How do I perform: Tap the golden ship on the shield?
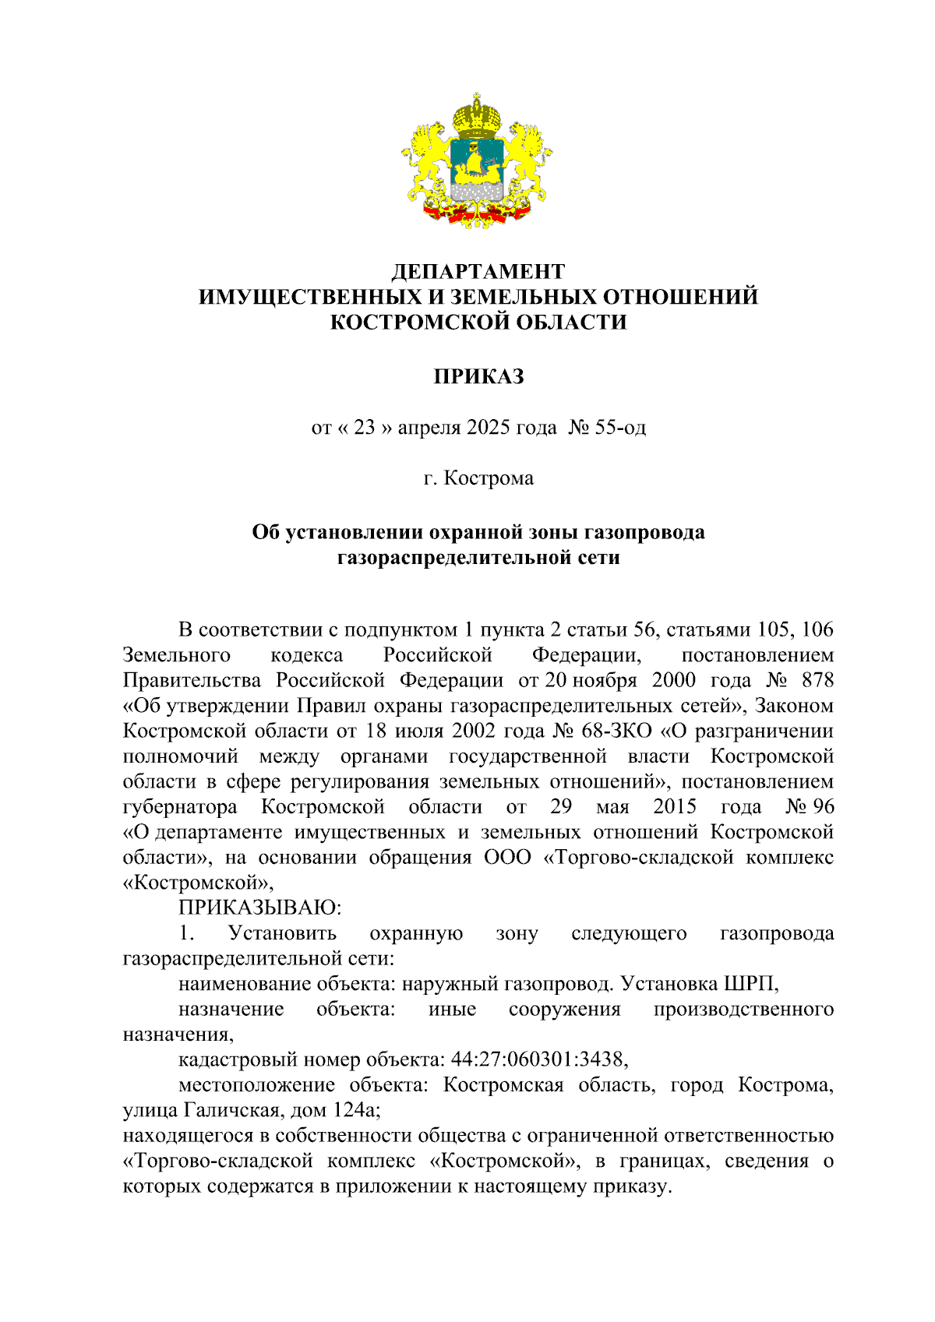click(x=476, y=166)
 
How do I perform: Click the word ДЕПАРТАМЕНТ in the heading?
click(x=478, y=272)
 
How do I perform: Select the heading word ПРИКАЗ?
click(x=478, y=377)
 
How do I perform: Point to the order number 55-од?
click(x=619, y=428)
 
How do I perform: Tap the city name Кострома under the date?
click(x=489, y=478)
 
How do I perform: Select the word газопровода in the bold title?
click(x=646, y=533)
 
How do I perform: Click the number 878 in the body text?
click(x=817, y=680)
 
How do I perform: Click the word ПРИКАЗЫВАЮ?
click(x=260, y=908)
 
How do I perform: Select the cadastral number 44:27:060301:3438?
click(x=538, y=1059)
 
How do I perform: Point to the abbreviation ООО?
click(x=507, y=858)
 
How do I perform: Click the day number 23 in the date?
click(x=365, y=428)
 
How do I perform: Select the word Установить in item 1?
click(x=282, y=933)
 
